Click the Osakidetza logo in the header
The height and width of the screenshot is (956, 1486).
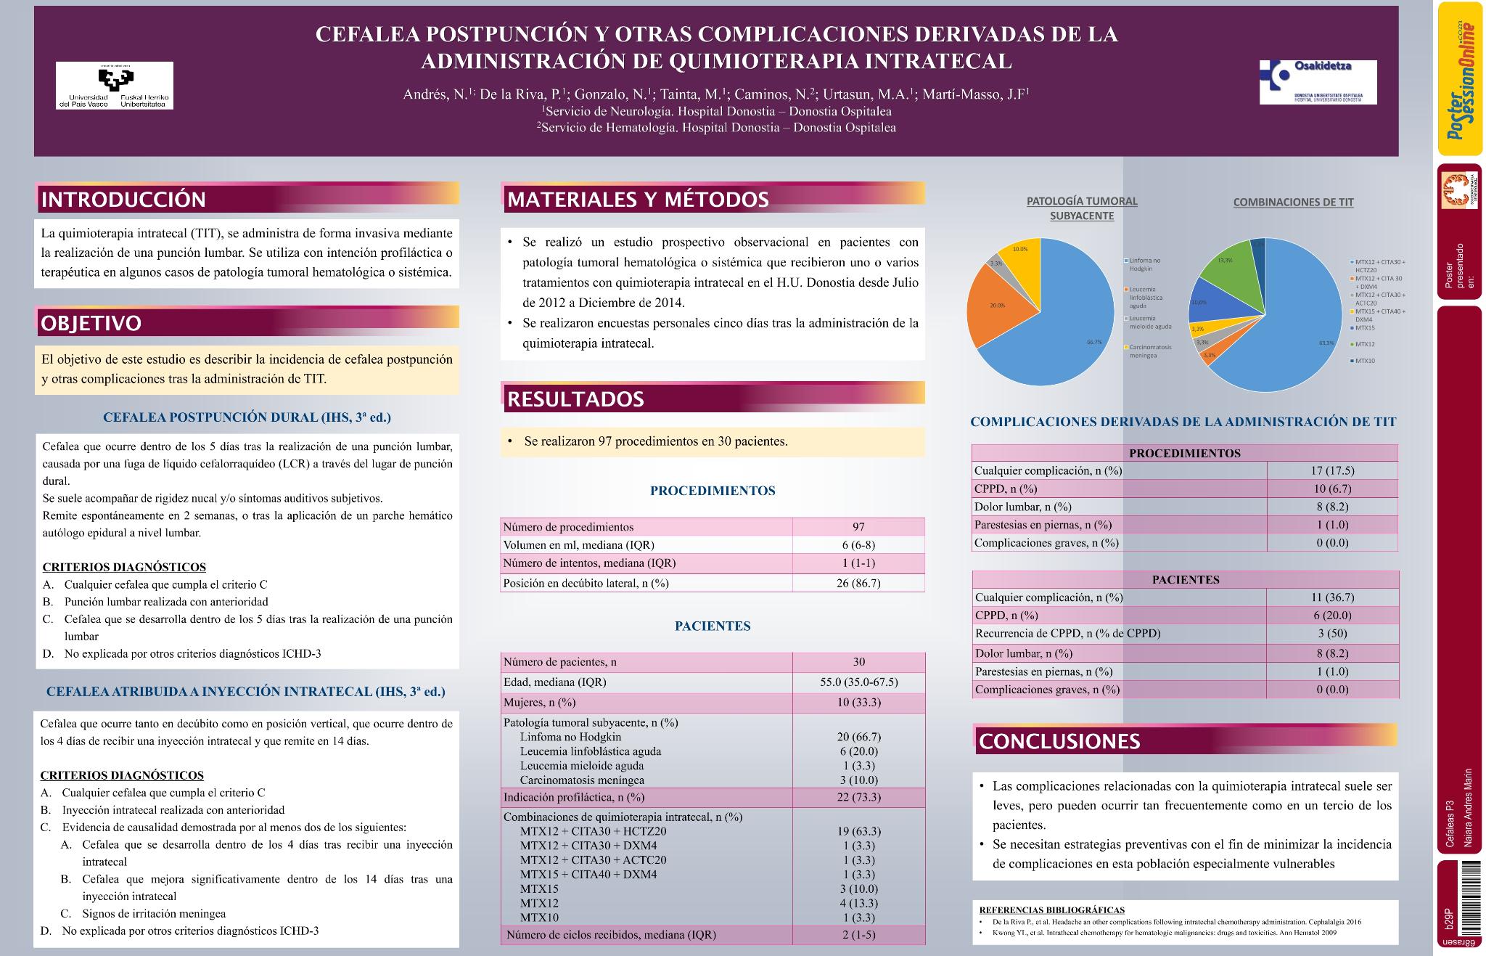1317,82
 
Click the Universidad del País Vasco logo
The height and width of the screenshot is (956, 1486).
115,86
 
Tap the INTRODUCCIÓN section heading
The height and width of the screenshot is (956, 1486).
123,199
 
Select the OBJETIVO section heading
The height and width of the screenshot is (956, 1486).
91,323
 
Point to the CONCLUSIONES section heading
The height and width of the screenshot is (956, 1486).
1059,741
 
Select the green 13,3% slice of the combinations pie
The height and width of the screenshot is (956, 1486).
1226,272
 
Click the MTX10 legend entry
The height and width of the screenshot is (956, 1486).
1365,361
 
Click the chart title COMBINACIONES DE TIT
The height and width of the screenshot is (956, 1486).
1293,203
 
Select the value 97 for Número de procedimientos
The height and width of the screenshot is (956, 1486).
858,527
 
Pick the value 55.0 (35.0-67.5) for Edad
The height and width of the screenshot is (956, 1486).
858,682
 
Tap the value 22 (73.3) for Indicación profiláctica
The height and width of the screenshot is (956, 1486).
858,797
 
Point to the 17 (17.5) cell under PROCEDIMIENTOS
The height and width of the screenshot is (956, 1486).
1332,470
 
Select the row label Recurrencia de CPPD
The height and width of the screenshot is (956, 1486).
1067,633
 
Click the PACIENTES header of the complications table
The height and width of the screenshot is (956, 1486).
1185,580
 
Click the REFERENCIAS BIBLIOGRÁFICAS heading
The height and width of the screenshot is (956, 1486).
1051,910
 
